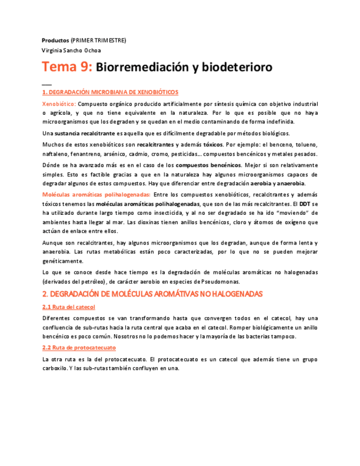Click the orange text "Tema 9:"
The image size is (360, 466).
coord(67,68)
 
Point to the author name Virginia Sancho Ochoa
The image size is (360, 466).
coord(71,51)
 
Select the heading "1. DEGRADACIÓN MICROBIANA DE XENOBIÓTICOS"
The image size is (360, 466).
coord(110,92)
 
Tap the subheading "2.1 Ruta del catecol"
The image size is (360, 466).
coord(69,307)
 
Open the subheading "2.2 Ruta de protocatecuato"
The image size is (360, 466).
coord(79,348)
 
